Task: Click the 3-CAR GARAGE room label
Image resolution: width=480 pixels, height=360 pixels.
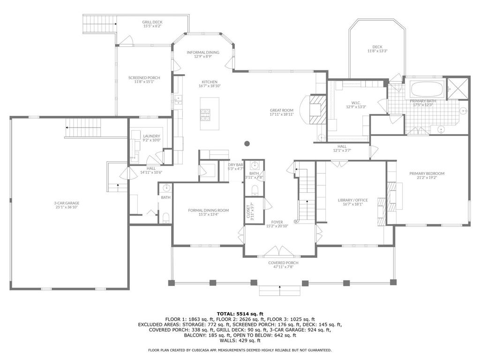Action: click(x=67, y=203)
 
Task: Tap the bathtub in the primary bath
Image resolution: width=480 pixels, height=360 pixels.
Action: click(x=427, y=89)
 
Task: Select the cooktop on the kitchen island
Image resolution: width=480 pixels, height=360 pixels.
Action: click(x=205, y=114)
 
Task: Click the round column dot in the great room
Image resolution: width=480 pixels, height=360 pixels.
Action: click(x=247, y=143)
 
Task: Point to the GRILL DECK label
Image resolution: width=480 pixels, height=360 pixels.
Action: click(x=152, y=22)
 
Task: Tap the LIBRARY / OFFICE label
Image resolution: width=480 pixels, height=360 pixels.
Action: click(x=352, y=200)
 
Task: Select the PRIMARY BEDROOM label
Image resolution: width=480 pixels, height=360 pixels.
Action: click(x=427, y=173)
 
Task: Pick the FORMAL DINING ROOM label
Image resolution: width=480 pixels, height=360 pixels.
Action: click(x=208, y=210)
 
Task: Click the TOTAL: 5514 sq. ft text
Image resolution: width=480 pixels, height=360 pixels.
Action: click(x=240, y=314)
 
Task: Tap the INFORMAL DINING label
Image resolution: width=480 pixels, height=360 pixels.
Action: click(x=203, y=52)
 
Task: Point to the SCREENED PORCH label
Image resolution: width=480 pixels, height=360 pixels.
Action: click(x=144, y=78)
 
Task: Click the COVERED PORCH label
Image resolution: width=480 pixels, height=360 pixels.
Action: click(x=283, y=262)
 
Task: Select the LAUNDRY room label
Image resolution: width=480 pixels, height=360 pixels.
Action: click(x=151, y=136)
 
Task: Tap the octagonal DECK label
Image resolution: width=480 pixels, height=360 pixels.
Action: click(x=377, y=47)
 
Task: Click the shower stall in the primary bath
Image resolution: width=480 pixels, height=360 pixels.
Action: click(x=457, y=89)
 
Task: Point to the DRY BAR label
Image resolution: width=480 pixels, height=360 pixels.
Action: click(x=235, y=165)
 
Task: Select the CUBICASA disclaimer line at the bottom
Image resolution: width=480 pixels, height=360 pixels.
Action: click(x=240, y=350)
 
